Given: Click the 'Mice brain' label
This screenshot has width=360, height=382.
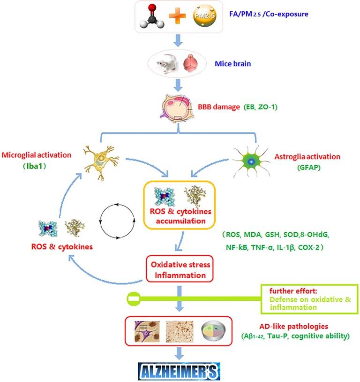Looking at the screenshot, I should [233, 63].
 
